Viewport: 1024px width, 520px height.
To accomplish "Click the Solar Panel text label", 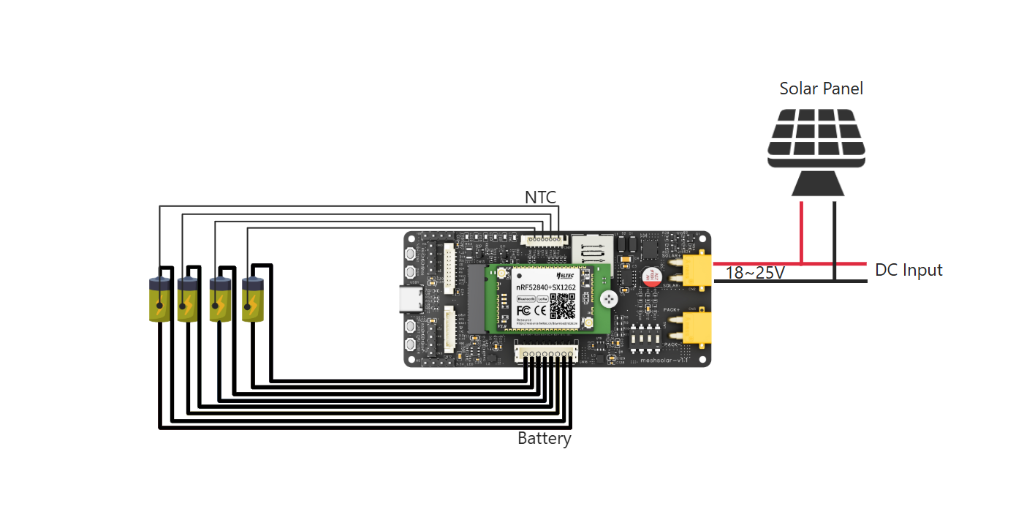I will pos(821,89).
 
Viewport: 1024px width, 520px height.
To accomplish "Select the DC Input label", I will pos(909,271).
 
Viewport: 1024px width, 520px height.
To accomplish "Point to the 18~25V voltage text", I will pos(755,274).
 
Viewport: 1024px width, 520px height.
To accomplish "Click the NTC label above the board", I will pos(540,197).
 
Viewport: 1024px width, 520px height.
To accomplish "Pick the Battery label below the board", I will pos(544,439).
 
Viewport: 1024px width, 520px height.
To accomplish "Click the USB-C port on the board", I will pos(406,298).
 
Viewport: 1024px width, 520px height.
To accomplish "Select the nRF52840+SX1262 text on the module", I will pos(546,286).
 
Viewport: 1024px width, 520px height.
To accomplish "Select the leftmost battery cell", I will pos(159,299).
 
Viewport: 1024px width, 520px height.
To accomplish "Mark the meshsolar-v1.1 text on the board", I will pos(664,359).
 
